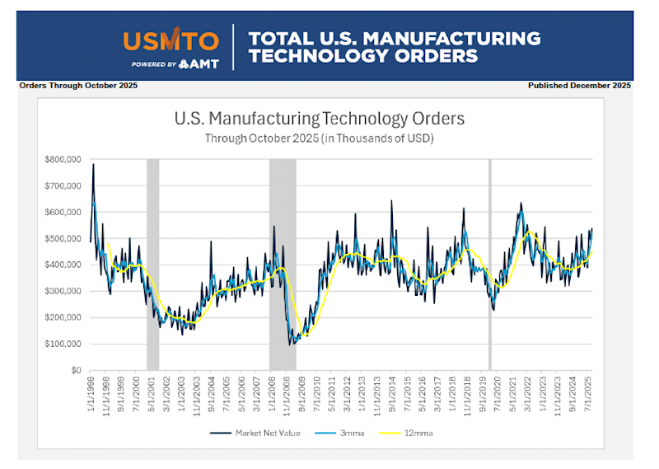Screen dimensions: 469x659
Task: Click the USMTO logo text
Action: pos(171,40)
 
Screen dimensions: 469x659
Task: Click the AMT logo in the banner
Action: pos(199,63)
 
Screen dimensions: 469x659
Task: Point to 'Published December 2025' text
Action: pos(579,86)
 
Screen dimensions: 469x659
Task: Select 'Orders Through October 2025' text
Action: pos(78,86)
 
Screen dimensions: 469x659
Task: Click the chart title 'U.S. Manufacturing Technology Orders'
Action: pos(320,119)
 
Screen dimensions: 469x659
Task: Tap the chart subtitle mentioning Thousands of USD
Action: pos(320,138)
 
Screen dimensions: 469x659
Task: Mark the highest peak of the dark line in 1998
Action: pos(93,164)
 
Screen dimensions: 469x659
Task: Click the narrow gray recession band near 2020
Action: pos(490,264)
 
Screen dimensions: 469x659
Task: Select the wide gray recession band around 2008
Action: pos(282,264)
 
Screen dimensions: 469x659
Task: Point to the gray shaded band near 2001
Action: pos(152,264)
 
